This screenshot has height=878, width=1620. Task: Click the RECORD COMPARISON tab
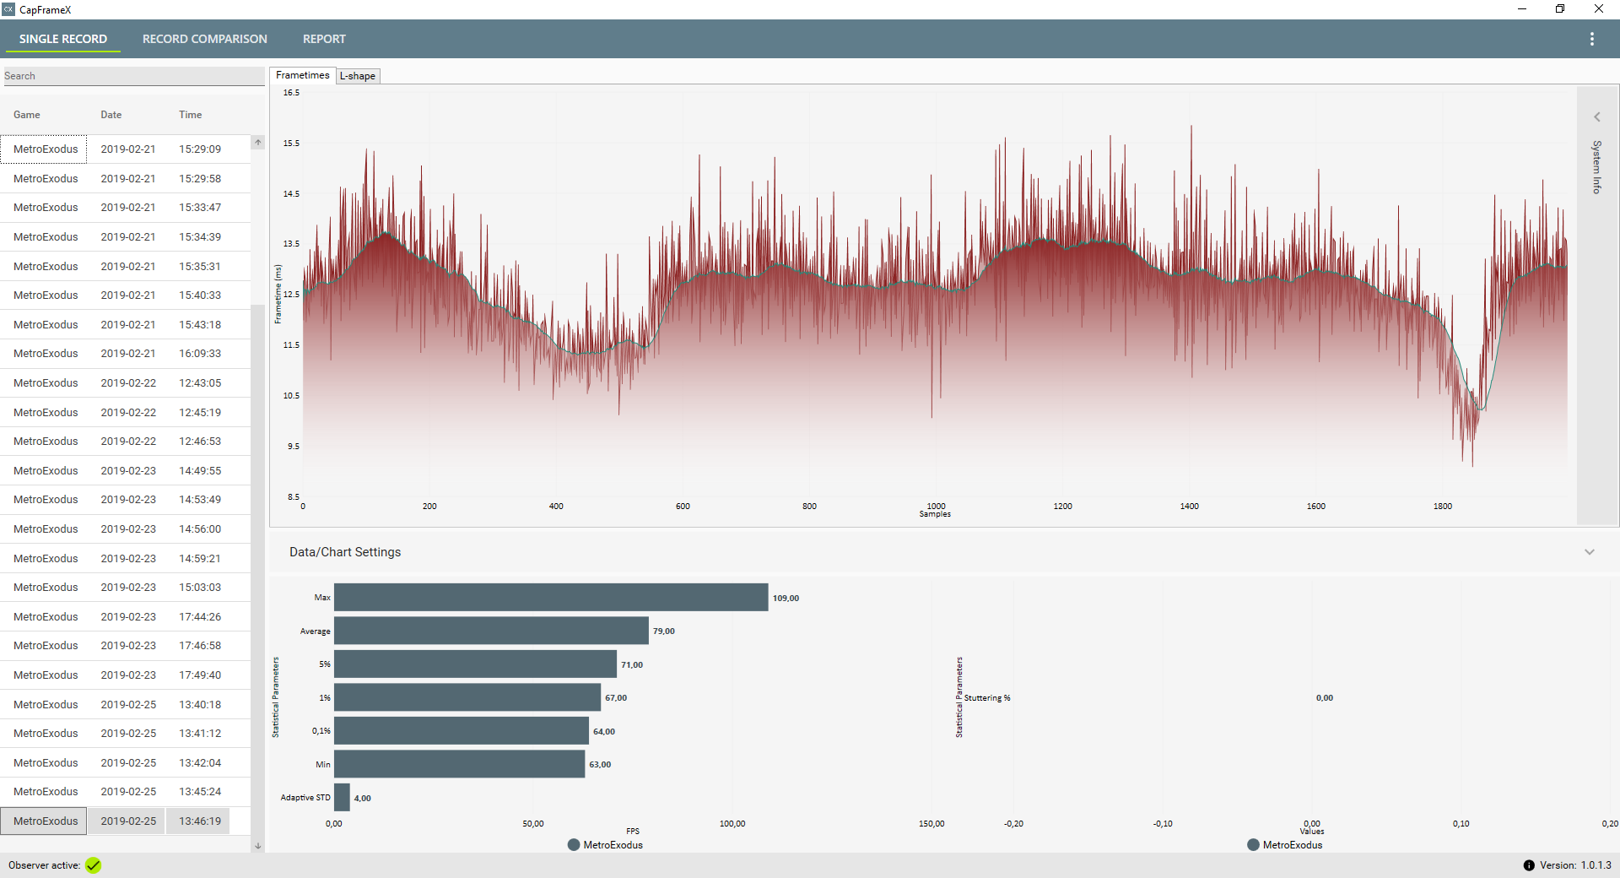pos(204,39)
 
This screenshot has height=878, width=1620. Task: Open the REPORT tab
pos(324,39)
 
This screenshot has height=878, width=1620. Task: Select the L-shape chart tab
pos(358,76)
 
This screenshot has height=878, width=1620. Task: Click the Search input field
pos(133,76)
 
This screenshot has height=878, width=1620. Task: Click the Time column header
pos(190,115)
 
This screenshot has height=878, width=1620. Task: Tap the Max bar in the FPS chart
pos(551,598)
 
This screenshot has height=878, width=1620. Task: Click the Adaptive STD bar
pos(342,798)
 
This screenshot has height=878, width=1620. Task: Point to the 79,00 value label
pos(664,631)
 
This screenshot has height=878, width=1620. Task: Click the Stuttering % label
pos(987,698)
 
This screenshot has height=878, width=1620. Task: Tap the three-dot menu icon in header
pos(1592,39)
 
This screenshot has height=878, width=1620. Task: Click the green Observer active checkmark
pos(93,865)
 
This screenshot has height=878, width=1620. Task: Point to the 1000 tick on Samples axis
pos(936,507)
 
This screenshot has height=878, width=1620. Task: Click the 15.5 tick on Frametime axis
pos(291,144)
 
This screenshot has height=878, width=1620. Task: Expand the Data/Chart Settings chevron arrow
pos(1590,552)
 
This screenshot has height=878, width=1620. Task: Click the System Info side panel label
pos(1596,167)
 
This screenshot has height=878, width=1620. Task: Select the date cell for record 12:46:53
pos(128,442)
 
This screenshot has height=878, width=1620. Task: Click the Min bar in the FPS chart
pos(459,765)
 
